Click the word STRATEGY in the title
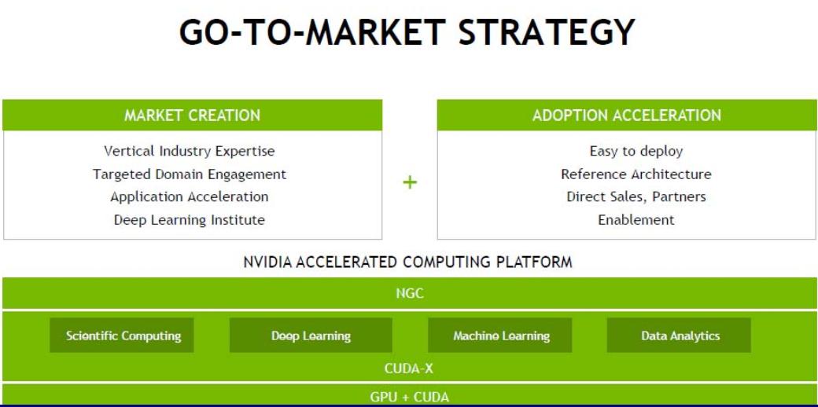[546, 31]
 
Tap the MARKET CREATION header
[192, 115]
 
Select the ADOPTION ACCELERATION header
[627, 115]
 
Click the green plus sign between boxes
[410, 181]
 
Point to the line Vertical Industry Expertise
[190, 151]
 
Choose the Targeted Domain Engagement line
[190, 174]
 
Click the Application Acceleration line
[190, 197]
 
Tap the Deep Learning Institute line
[190, 220]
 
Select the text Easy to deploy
[636, 151]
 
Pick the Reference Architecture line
[636, 174]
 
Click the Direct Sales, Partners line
[636, 197]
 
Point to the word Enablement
[636, 220]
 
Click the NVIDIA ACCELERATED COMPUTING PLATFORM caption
[408, 262]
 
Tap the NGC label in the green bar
[410, 293]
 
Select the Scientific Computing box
[122, 335]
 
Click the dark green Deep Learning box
[311, 335]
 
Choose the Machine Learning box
[499, 335]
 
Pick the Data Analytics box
[679, 335]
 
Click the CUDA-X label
[408, 368]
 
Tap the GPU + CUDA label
[410, 397]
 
